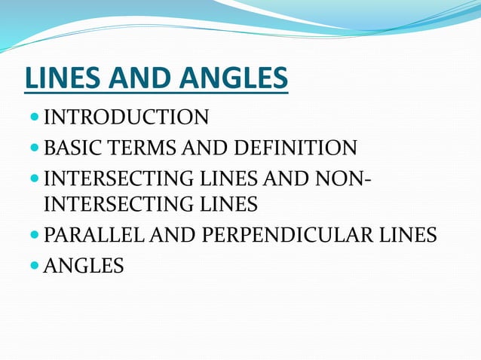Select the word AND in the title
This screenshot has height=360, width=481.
136,78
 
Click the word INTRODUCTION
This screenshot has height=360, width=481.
126,117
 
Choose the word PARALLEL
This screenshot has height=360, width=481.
95,235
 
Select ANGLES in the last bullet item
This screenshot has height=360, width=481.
84,265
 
